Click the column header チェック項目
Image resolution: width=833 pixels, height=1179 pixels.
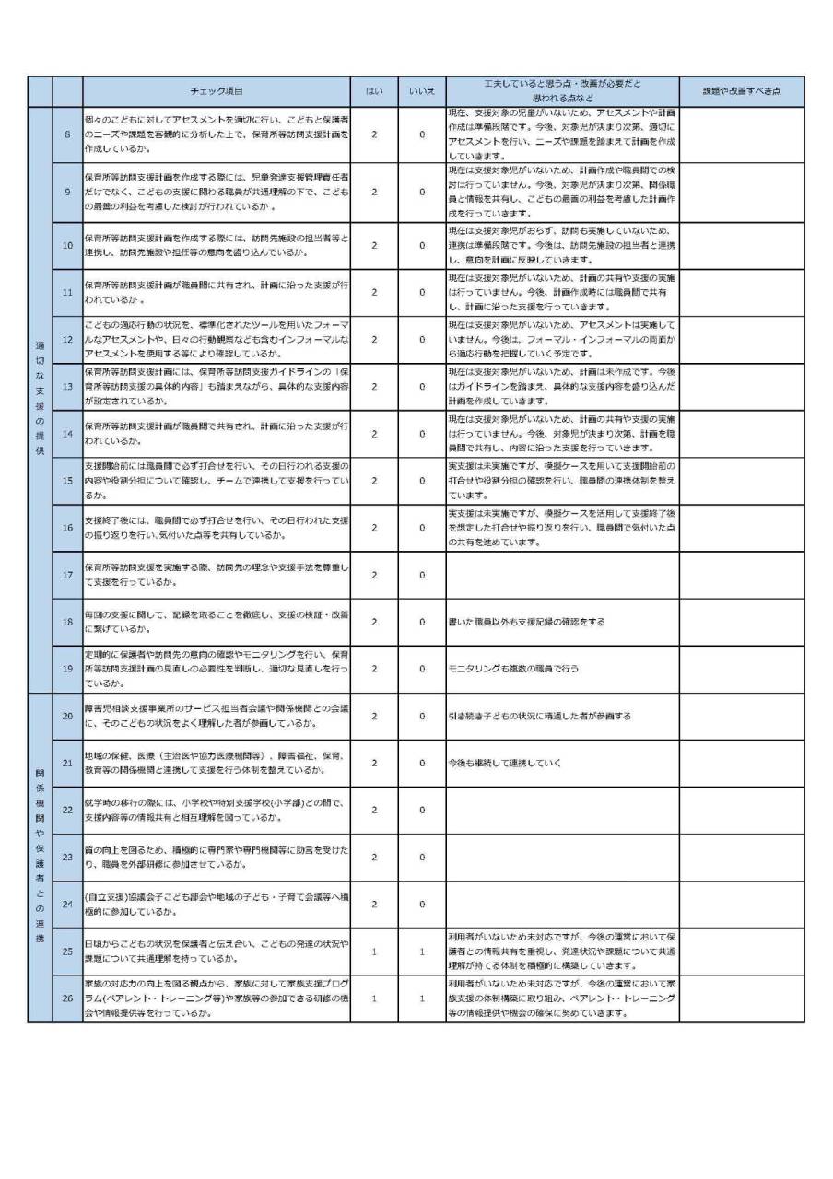coord(216,91)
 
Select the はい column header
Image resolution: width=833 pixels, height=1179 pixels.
coord(374,91)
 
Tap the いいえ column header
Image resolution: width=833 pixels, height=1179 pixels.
coord(422,91)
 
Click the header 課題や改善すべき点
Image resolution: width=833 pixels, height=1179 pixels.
coord(742,91)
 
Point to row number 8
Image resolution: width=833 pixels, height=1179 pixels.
coord(67,134)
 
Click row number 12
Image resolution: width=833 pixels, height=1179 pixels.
coord(67,339)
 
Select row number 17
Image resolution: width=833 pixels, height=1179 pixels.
coord(67,575)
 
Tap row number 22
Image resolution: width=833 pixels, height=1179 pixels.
coord(67,810)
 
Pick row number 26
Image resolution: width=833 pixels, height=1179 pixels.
coord(67,998)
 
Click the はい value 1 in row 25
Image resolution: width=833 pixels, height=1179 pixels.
coord(374,951)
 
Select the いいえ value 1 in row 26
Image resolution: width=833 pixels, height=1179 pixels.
coord(422,998)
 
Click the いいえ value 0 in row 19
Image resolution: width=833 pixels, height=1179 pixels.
coord(422,669)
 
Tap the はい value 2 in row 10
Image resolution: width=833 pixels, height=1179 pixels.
coord(374,245)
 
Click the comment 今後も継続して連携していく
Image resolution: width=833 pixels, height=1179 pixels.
coord(504,763)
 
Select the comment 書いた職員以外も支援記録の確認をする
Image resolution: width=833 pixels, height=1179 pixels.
coord(526,622)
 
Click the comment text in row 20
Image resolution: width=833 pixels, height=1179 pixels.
coord(539,716)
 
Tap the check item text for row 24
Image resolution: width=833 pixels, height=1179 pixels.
coord(216,904)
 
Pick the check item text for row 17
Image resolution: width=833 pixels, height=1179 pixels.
coord(216,575)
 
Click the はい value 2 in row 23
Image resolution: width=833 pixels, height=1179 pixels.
coord(374,857)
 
